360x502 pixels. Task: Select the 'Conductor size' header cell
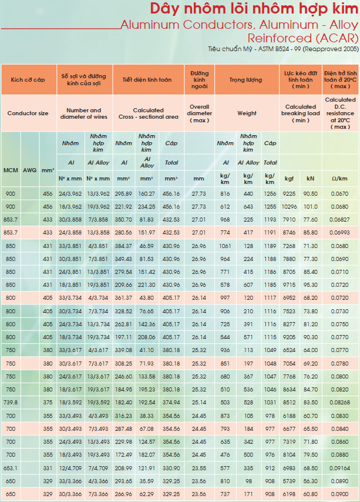(x=28, y=113)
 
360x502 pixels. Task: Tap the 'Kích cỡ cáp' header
(x=28, y=80)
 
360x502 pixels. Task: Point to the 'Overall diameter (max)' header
(x=199, y=113)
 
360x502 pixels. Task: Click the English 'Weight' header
(x=247, y=113)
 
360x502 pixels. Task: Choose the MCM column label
(x=11, y=170)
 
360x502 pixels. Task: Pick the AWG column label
(x=30, y=170)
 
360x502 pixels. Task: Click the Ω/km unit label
(x=339, y=179)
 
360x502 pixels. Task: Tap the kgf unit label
(x=289, y=179)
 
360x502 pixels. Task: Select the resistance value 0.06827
(x=339, y=220)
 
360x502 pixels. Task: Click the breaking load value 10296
(x=289, y=207)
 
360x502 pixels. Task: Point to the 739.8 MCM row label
(x=11, y=403)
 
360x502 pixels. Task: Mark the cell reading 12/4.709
(x=70, y=468)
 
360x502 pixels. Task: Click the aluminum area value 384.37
(x=123, y=246)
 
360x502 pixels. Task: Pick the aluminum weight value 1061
(x=225, y=246)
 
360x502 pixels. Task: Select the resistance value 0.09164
(x=339, y=468)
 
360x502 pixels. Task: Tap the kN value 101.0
(x=311, y=207)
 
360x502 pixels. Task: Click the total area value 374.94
(x=171, y=403)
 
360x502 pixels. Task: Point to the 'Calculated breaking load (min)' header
(x=301, y=113)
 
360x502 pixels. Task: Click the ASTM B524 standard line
(x=283, y=49)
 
